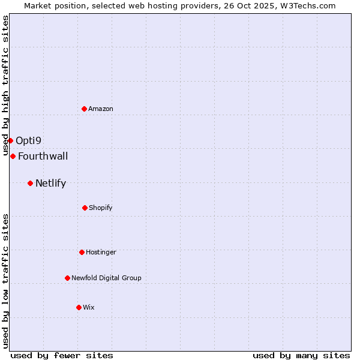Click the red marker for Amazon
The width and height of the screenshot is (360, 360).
(84, 109)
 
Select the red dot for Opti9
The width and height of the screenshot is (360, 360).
(10, 140)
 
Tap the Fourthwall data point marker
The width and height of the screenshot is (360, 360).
(13, 156)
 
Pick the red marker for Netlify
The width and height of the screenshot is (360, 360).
(30, 183)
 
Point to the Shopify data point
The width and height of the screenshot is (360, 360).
(85, 208)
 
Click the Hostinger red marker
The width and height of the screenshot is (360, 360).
(82, 252)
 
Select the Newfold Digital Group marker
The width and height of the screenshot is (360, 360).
(67, 278)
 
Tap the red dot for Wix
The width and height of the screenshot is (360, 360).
(79, 307)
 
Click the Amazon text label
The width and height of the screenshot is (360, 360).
(101, 109)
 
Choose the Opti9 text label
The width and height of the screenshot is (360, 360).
(29, 141)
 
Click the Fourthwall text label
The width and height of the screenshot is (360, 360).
(43, 157)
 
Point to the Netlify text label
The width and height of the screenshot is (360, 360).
(50, 184)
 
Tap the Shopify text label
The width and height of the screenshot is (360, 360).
(101, 208)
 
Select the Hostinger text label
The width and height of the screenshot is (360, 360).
(101, 252)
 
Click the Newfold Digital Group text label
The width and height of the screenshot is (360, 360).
(106, 278)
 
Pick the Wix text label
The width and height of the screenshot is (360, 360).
(89, 307)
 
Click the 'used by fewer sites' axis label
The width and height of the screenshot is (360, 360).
(62, 355)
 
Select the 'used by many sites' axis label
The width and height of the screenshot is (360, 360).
(301, 355)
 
